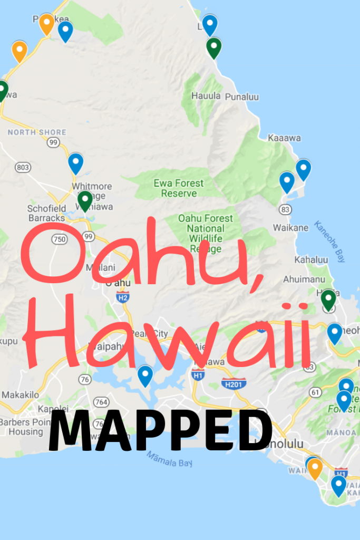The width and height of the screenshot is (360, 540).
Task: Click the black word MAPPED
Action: tap(160, 432)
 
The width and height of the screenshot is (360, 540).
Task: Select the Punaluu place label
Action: tap(242, 97)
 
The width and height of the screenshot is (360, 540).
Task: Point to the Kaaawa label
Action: tap(284, 138)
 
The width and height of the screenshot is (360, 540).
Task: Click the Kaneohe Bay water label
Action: tap(330, 241)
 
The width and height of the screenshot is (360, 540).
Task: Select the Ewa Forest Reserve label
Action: tap(175, 188)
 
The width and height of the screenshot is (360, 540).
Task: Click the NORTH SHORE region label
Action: tap(37, 132)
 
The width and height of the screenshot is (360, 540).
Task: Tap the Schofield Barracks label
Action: tap(46, 213)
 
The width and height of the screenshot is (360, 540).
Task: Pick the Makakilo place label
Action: tap(20, 394)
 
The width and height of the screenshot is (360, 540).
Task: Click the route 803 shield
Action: tap(23, 167)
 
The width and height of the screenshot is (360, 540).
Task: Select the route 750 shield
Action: tap(59, 239)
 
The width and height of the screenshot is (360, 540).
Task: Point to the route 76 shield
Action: tap(84, 379)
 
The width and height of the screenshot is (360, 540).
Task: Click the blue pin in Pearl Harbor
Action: tap(145, 375)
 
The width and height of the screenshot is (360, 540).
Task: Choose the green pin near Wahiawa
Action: tap(85, 200)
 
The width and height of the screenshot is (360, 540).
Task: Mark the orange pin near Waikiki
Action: tap(315, 468)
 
